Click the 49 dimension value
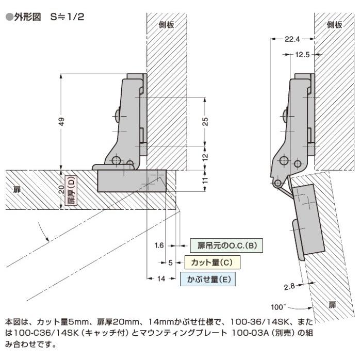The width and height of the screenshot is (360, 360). click(61, 122)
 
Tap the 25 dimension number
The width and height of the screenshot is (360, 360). click(205, 122)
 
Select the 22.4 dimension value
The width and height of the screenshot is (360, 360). click(292, 38)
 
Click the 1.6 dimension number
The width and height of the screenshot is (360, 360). click(159, 246)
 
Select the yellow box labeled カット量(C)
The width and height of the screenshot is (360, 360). click(212, 263)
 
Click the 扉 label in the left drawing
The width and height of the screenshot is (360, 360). click(17, 190)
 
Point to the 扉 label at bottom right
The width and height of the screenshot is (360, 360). click(332, 305)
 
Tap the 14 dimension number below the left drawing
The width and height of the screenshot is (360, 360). click(160, 279)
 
